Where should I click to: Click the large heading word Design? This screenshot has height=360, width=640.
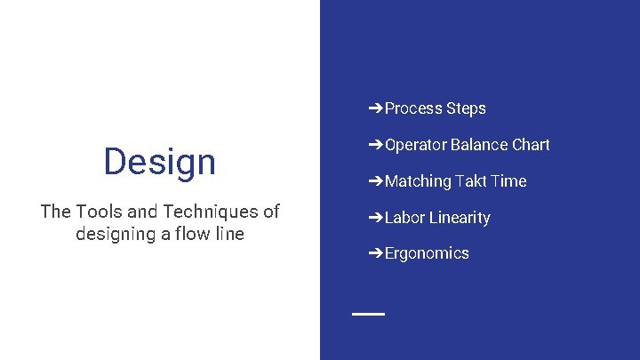pyautogui.click(x=159, y=162)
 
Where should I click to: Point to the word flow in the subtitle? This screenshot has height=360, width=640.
pyautogui.click(x=189, y=235)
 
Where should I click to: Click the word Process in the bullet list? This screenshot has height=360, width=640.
pyautogui.click(x=413, y=108)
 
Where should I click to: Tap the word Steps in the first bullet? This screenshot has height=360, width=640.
pyautogui.click(x=466, y=108)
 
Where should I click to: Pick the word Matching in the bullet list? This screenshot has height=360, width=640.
pyautogui.click(x=418, y=181)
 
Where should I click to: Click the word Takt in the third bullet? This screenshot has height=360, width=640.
pyautogui.click(x=471, y=181)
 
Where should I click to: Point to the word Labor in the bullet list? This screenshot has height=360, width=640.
pyautogui.click(x=404, y=218)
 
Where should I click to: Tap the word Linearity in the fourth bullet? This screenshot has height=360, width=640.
pyautogui.click(x=460, y=218)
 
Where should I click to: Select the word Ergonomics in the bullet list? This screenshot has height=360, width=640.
pyautogui.click(x=427, y=253)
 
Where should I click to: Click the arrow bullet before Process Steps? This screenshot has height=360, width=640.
pyautogui.click(x=376, y=108)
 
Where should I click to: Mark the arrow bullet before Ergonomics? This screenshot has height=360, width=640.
pyautogui.click(x=376, y=253)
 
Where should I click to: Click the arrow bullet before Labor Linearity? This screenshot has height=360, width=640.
pyautogui.click(x=376, y=218)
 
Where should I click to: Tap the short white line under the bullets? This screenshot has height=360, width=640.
pyautogui.click(x=368, y=314)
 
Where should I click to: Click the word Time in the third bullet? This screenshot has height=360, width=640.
pyautogui.click(x=508, y=181)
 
